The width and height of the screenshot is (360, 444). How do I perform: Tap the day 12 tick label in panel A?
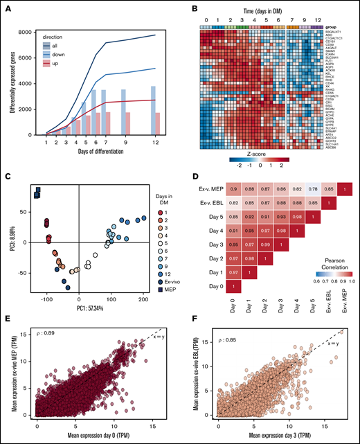tap(152, 142)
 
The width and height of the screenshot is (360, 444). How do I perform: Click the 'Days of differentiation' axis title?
tap(95, 152)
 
